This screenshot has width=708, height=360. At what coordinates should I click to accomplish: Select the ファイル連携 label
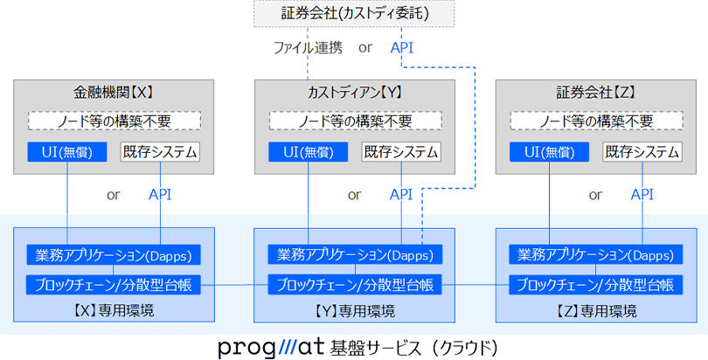[309, 48]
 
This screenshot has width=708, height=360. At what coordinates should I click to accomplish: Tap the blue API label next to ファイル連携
[403, 48]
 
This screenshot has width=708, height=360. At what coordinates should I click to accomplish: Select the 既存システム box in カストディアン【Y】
[401, 151]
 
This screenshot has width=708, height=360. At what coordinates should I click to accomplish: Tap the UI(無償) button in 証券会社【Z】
[549, 151]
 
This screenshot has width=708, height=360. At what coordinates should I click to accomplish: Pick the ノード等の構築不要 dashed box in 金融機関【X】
[114, 121]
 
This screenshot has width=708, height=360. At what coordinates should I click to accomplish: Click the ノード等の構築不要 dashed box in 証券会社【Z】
[595, 121]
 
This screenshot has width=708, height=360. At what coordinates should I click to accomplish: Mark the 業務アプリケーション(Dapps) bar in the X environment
[114, 255]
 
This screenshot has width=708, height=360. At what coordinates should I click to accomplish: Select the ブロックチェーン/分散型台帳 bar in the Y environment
[355, 285]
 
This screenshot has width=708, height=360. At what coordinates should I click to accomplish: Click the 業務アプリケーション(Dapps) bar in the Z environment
[595, 255]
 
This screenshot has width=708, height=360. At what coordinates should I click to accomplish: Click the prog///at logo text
[272, 347]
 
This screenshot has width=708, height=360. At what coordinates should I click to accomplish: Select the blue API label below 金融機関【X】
[160, 194]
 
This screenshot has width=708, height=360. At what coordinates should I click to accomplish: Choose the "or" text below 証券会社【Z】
[595, 194]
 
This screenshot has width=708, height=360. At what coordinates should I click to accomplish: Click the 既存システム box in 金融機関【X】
[160, 151]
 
